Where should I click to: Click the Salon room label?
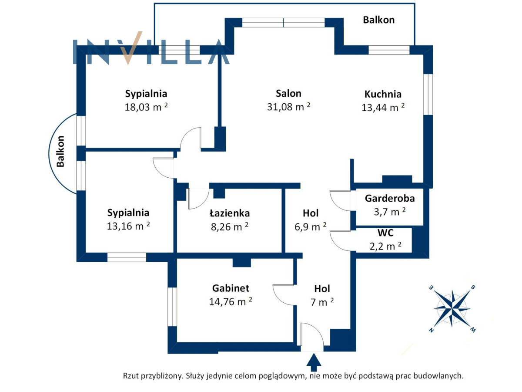pos(288,93)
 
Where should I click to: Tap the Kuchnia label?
pos(383,94)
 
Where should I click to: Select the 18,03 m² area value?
pos(146,107)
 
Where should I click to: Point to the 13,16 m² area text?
pos(128,226)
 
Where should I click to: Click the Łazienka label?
pos(230,213)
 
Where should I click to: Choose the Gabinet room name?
pos(231,288)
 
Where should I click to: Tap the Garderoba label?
pos(389,198)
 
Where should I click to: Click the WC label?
pos(385,233)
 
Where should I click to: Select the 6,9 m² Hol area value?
pos(310,226)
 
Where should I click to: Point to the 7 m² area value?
pos(322,302)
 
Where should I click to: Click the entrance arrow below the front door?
pos(314,362)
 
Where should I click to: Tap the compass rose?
pos(452,309)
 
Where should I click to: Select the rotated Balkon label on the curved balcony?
pos(60,152)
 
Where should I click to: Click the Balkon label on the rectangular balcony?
pos(378,20)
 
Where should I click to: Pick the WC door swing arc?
pos(340,240)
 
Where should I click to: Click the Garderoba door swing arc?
pos(340,200)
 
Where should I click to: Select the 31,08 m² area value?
pos(288,107)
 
